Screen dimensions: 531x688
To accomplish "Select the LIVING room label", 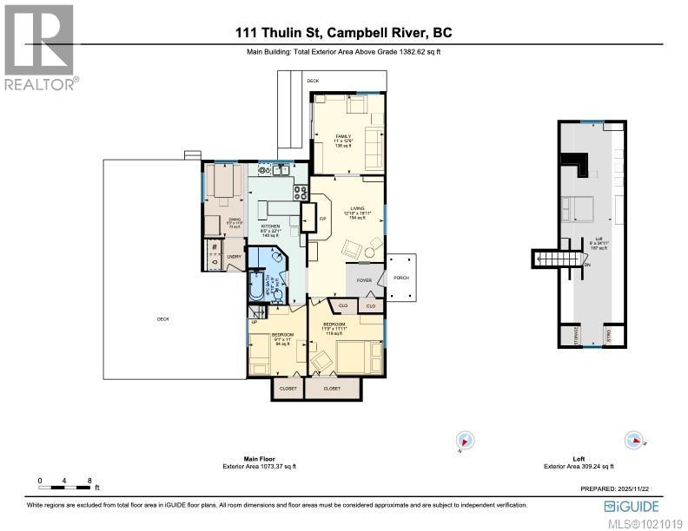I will click(354, 208).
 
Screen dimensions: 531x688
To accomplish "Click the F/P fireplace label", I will click(321, 219).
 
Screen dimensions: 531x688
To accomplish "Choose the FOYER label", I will click(363, 279).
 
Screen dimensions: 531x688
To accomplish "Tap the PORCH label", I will click(401, 278).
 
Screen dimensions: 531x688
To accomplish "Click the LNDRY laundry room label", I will click(234, 256).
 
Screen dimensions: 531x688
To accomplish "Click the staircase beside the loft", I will click(549, 258).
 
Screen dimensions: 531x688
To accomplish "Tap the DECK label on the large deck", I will click(162, 319).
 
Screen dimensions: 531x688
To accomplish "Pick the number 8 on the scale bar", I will click(89, 480).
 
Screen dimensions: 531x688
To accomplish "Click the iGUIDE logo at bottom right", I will click(632, 506).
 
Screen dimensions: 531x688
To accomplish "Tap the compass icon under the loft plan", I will click(635, 440).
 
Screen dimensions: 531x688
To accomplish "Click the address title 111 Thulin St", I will click(343, 33).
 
